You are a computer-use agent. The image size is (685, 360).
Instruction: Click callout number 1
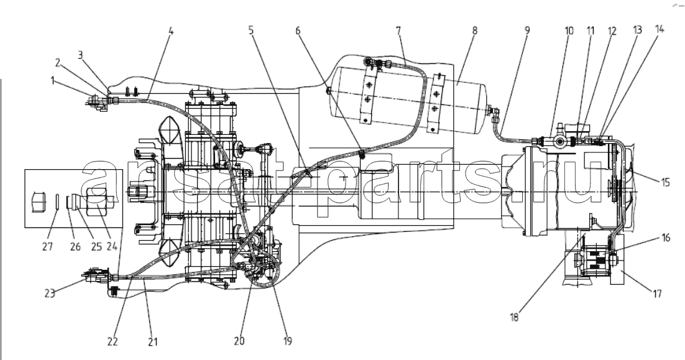[53, 80]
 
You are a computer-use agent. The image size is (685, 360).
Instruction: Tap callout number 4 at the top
[170, 31]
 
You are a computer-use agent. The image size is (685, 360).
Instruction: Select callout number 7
[398, 31]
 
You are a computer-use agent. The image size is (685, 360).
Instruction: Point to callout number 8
[474, 30]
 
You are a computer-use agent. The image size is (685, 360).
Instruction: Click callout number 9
[527, 30]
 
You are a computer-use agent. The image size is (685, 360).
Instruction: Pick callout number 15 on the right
[665, 181]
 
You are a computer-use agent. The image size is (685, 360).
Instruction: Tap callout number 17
[657, 294]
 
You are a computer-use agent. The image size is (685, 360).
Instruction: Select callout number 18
[514, 317]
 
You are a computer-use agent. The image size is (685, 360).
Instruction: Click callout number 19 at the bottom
[287, 341]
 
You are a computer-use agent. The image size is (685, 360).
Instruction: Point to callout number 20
[239, 341]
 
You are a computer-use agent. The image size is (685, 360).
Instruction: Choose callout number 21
[152, 341]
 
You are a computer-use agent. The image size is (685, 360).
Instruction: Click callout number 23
[50, 293]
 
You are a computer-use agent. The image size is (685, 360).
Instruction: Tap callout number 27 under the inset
[47, 246]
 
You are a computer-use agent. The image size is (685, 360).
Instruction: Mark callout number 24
[112, 246]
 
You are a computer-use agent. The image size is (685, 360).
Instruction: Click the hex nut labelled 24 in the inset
[96, 201]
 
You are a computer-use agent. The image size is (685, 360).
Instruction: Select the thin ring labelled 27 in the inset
[58, 203]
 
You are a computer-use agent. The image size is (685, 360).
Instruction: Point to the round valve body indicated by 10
[559, 142]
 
